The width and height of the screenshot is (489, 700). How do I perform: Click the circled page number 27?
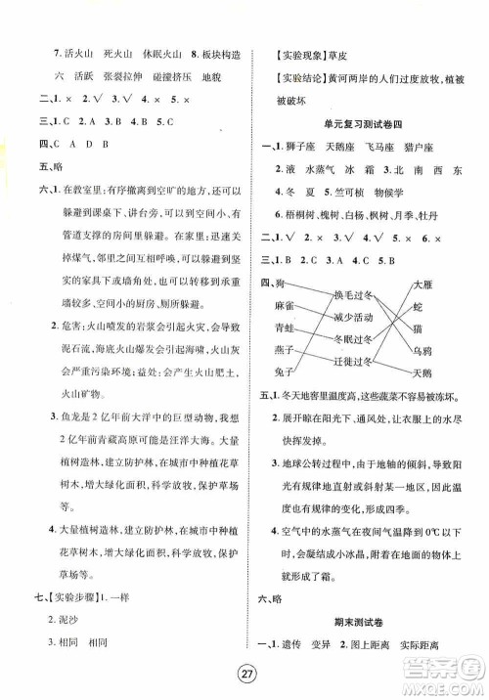pos(244,674)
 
